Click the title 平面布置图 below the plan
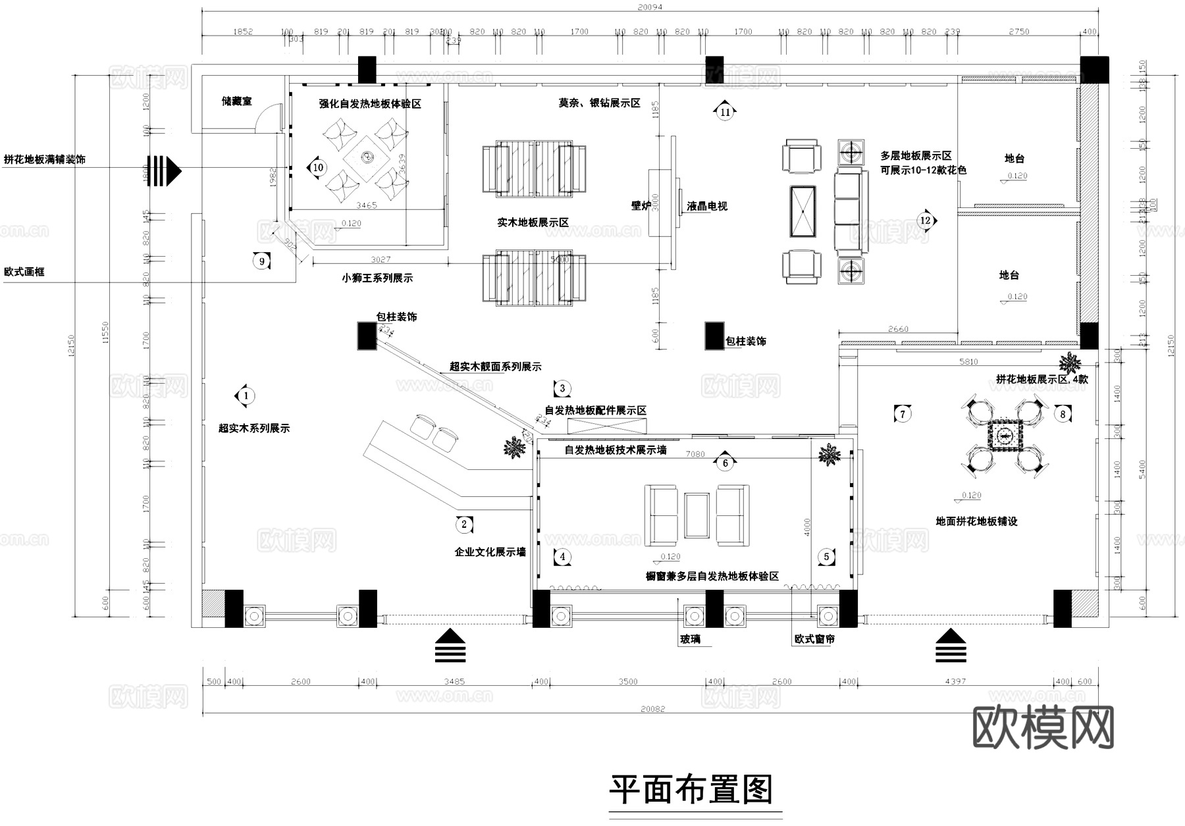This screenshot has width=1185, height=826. pos(691,789)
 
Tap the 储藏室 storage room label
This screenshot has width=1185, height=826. pos(236,101)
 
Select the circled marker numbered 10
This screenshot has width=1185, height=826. pos(318,168)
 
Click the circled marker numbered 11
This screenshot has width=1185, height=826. pos(725,112)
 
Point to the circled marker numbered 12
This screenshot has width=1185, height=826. pos(926,220)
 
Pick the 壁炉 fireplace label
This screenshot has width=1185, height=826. pos(641,206)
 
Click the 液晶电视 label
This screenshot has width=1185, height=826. pos(707,207)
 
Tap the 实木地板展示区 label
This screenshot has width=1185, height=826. pos(533,223)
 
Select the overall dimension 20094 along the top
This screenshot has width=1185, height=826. pos(650,7)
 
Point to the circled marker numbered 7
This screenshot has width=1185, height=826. pos(903,414)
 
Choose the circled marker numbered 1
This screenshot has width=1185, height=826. pos(246,396)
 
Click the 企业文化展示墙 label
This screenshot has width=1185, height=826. pos(490,552)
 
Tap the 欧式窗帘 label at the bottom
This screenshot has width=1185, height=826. pos(814,639)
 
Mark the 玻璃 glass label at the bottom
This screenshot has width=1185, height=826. pos(691,639)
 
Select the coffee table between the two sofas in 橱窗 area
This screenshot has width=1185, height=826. pos(697,515)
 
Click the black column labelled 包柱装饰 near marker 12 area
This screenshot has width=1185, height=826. pos(714,336)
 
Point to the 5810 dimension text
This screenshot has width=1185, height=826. pos(968,362)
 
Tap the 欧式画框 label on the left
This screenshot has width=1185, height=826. pos(24,272)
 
